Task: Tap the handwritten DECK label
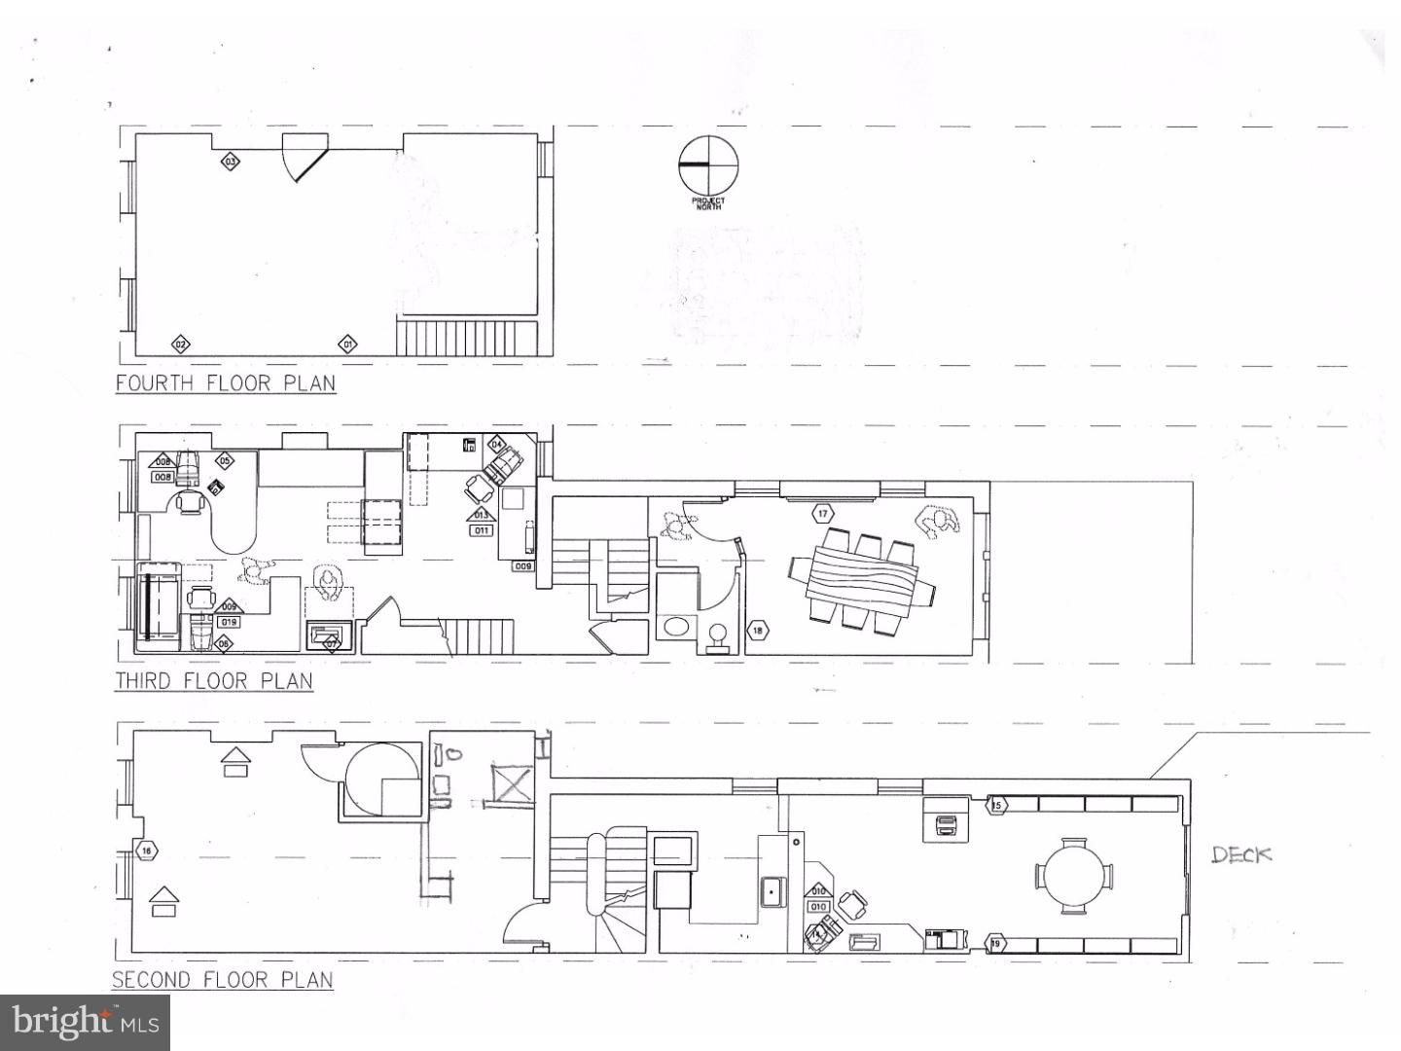pos(1241,854)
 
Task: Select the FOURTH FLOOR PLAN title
pos(226,381)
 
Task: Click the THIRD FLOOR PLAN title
pos(214,680)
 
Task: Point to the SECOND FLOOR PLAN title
pos(223,979)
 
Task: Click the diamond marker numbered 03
pos(231,162)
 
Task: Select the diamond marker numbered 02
pos(180,344)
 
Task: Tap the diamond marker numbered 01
pos(347,344)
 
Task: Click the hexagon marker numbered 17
pos(823,513)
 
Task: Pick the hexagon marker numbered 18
pos(758,631)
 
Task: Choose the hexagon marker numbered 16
pos(146,852)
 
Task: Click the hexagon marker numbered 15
pos(995,805)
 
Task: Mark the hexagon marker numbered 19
pos(994,943)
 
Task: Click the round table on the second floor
pos(1074,876)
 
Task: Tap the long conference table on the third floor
pos(861,580)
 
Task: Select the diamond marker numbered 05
pos(225,460)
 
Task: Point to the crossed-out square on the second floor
pos(513,782)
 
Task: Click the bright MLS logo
pos(86,1022)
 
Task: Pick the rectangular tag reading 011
pos(482,530)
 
